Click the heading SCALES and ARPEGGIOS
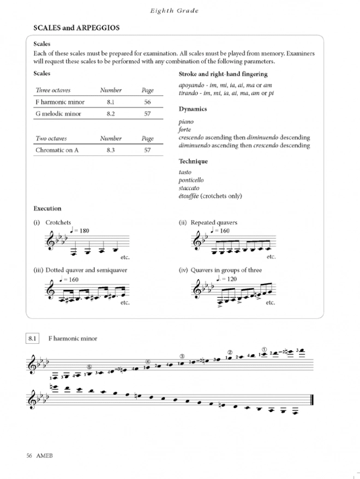(x=76, y=27)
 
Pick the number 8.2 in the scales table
(x=111, y=114)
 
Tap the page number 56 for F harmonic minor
(x=147, y=102)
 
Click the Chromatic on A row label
(x=57, y=150)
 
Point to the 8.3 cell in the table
(x=111, y=150)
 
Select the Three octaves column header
(x=53, y=90)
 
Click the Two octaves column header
(x=51, y=138)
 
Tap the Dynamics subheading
(x=193, y=109)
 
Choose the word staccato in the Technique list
(x=189, y=188)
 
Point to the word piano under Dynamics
(x=186, y=123)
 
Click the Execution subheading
(x=47, y=209)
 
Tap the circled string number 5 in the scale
(x=89, y=367)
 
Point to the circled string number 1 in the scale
(x=264, y=349)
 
